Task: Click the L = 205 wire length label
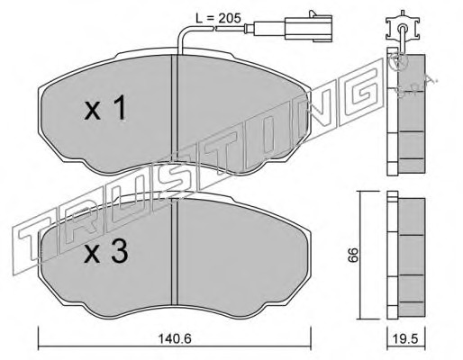218,18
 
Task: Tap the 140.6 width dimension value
175,339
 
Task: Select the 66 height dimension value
353,255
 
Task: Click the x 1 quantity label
104,109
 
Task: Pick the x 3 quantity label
106,252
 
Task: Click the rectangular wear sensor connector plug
309,28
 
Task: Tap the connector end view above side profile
402,29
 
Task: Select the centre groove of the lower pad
175,252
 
